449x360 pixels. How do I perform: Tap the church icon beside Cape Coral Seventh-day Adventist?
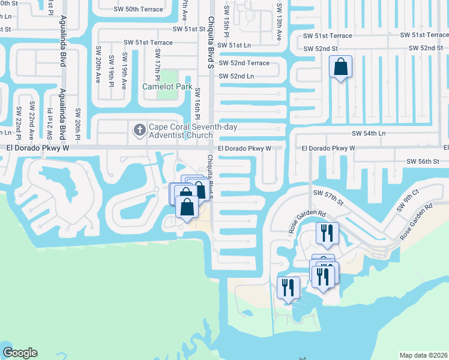click(x=139, y=128)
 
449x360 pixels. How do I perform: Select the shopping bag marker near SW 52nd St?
click(x=340, y=67)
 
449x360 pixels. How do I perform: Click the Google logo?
click(x=20, y=353)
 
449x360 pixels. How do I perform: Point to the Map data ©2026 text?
click(x=423, y=355)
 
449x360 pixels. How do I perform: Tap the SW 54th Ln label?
click(x=369, y=133)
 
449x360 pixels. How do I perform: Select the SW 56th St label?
click(x=423, y=161)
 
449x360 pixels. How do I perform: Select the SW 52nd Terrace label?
click(x=244, y=63)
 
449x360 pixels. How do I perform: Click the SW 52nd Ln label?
click(x=237, y=76)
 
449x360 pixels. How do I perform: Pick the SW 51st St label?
click(x=189, y=29)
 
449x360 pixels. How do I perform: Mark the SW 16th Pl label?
click(x=197, y=109)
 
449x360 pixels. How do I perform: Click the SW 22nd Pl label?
click(x=19, y=120)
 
